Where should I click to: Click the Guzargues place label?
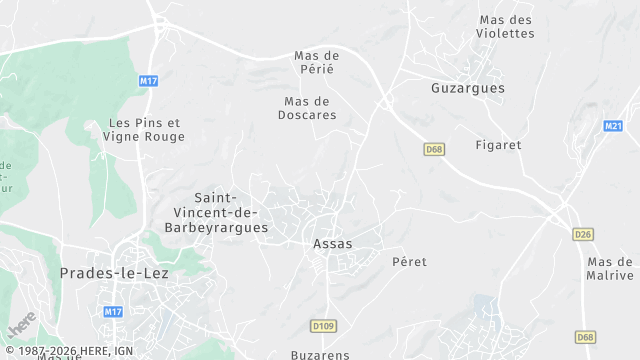point(467,88)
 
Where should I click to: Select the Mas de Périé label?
point(317,62)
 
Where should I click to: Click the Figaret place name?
point(499,145)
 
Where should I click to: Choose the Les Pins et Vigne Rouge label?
point(146,129)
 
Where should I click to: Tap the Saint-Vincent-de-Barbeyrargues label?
point(231,213)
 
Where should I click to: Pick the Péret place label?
point(409,262)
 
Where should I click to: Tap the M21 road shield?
point(613,126)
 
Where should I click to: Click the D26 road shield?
point(584,234)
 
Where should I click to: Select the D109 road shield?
point(322,325)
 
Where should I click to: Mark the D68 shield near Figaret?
point(433,149)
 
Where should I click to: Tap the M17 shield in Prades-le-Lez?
point(113,312)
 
